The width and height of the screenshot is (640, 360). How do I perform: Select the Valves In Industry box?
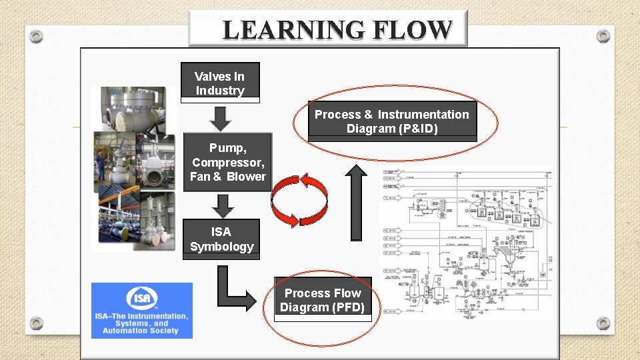point(220,83)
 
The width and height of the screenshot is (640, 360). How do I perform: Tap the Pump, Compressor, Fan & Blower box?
point(227,162)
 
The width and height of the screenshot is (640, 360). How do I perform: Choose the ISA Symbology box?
point(221,239)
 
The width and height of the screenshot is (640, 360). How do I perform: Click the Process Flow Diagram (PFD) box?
point(323,300)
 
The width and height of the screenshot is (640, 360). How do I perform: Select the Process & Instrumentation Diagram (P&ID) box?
point(392,121)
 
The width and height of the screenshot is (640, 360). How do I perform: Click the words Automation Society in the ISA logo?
point(141,331)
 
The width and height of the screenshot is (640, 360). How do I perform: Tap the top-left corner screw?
point(37,37)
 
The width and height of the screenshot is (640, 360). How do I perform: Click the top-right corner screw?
point(603,36)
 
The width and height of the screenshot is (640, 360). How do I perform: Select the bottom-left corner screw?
point(37,323)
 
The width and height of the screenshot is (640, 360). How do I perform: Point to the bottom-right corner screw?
point(603,323)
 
